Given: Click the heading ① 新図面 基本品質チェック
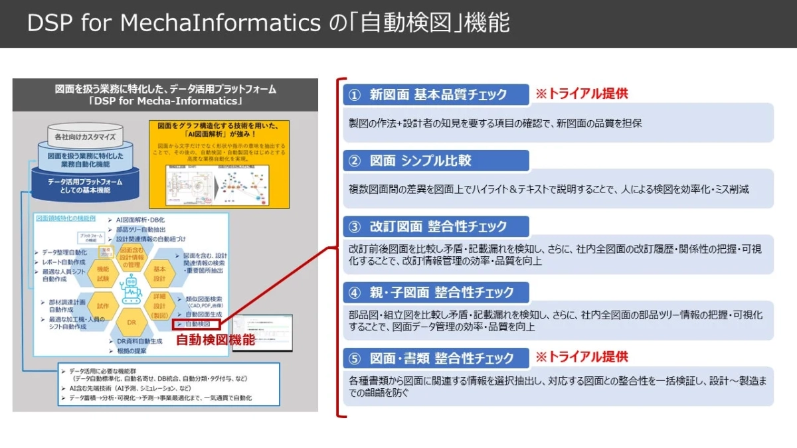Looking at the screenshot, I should click(436, 94).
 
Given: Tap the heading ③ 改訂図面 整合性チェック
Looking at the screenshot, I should click(436, 226).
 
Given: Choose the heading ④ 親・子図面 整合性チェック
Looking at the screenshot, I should click(436, 292).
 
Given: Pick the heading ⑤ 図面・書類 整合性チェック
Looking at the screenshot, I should click(436, 358).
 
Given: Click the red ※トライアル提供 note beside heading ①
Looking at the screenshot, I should click(582, 94).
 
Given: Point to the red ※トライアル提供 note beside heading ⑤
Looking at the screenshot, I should click(582, 357).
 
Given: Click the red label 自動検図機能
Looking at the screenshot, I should click(215, 340).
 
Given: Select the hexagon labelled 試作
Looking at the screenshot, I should click(102, 307).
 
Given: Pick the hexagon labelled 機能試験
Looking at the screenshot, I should click(102, 273).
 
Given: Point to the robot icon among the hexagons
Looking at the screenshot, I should click(131, 290).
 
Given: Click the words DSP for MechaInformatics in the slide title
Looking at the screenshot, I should click(174, 23).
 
